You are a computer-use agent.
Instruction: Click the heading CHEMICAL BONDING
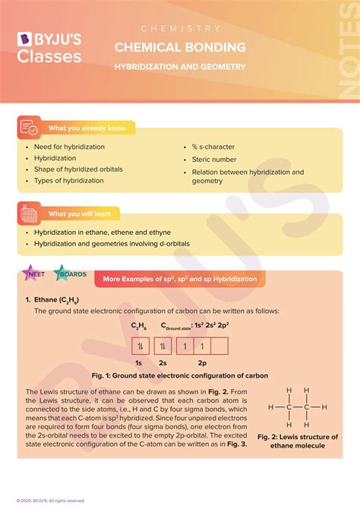(x=180, y=47)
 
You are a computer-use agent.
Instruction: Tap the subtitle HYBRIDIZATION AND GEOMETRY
(x=180, y=67)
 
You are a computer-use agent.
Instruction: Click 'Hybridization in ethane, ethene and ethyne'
(x=102, y=232)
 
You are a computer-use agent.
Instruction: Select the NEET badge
(x=35, y=274)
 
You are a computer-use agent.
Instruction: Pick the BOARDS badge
(x=72, y=274)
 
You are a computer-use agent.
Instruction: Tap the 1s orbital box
(x=140, y=346)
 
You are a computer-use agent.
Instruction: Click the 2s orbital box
(x=162, y=346)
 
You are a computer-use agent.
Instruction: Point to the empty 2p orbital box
(x=219, y=346)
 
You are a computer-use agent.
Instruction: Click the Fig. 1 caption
(x=180, y=375)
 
